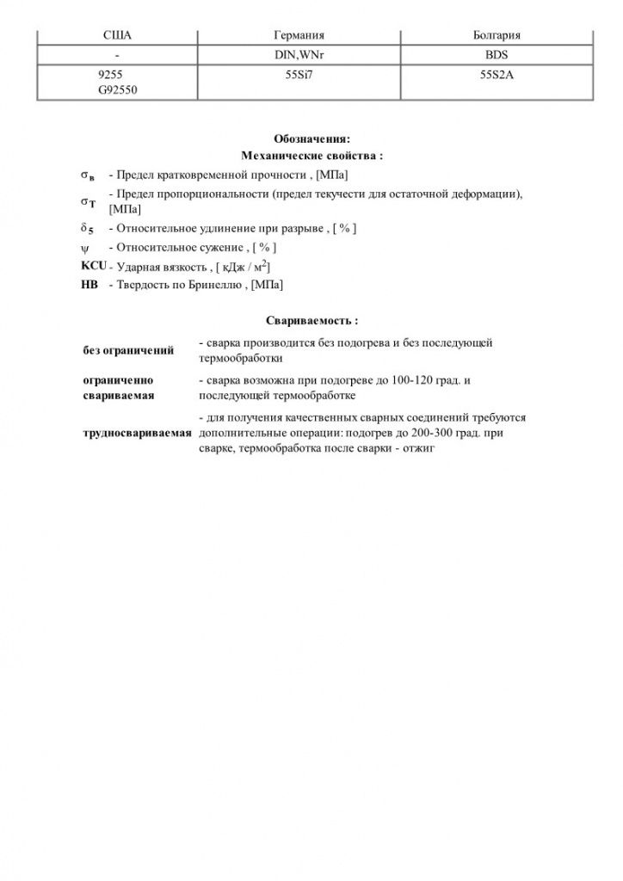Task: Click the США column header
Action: tap(117, 35)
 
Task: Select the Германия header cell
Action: tap(298, 35)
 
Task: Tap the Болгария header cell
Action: tap(497, 35)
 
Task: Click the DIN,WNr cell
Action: tap(298, 54)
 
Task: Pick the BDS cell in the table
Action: tap(497, 54)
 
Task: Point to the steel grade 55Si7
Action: tap(298, 75)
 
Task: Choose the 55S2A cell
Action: tap(497, 75)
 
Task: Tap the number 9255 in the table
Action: tap(111, 75)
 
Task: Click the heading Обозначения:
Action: tap(311, 139)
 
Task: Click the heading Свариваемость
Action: tap(311, 320)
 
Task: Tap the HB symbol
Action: tap(89, 284)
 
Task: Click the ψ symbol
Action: tap(84, 248)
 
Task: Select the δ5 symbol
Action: tap(87, 229)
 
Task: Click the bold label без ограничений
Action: tap(128, 351)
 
